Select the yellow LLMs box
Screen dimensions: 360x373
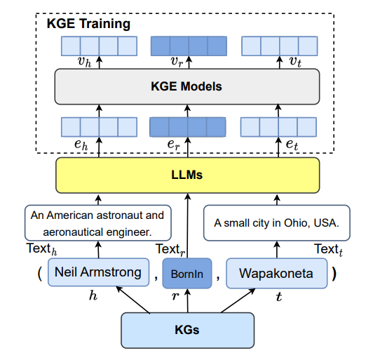[187, 175]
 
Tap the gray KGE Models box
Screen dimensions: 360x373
[187, 87]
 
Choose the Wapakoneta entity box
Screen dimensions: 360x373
[276, 273]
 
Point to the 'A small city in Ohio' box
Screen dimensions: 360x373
[276, 223]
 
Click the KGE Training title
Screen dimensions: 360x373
[88, 24]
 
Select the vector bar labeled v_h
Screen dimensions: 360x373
[98, 46]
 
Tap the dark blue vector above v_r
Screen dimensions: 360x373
[189, 46]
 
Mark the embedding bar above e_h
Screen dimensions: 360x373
[98, 126]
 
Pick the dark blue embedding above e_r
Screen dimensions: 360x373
[189, 126]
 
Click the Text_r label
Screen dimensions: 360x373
[168, 249]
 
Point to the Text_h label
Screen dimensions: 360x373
[42, 248]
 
